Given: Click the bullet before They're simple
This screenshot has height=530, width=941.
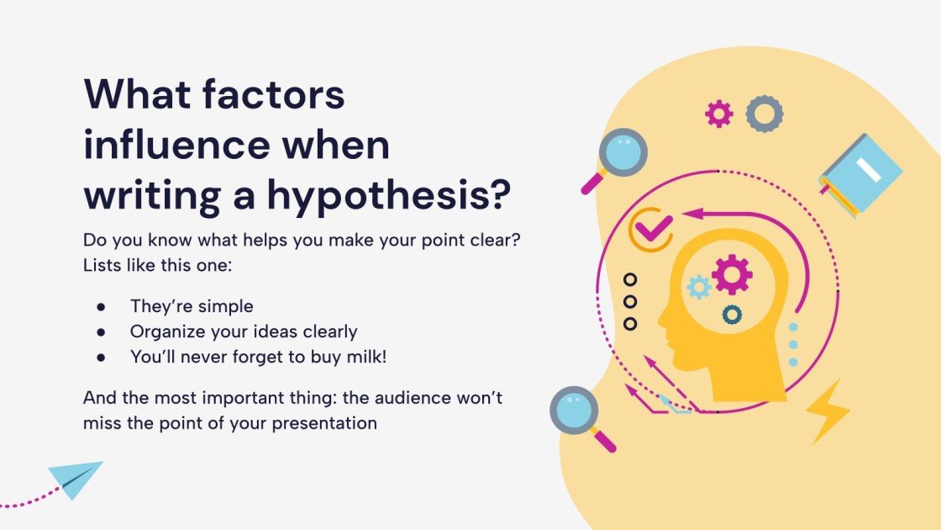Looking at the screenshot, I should pyautogui.click(x=102, y=306).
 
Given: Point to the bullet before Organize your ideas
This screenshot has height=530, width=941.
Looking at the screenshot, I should pyautogui.click(x=102, y=331).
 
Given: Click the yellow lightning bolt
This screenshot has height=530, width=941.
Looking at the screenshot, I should pyautogui.click(x=827, y=410).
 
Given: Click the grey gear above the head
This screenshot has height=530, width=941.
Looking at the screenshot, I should pyautogui.click(x=764, y=114).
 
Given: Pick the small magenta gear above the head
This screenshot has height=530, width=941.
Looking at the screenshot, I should pyautogui.click(x=718, y=114).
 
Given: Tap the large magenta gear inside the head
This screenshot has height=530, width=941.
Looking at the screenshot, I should pyautogui.click(x=732, y=274).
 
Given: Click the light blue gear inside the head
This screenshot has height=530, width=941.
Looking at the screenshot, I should pyautogui.click(x=698, y=287).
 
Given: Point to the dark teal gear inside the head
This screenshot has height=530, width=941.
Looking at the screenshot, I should pyautogui.click(x=732, y=315).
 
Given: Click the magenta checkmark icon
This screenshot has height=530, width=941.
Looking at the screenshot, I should pyautogui.click(x=653, y=225).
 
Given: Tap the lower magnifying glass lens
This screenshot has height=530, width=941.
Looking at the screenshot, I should pyautogui.click(x=574, y=411).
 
